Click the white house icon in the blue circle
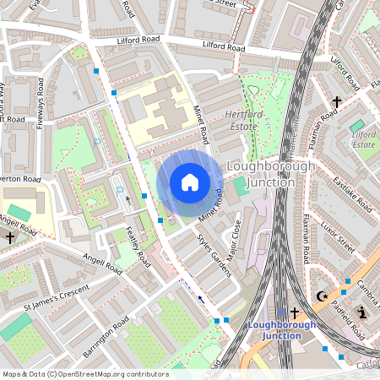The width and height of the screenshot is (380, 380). coord(190,182)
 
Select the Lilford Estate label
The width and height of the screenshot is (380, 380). coord(363,138)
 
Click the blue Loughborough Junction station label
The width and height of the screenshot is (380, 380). coord(282,330)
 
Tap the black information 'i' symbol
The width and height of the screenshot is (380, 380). coord(362,313)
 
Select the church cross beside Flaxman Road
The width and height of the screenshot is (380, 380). coord(336,101)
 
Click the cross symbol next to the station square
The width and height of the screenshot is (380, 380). coord(295,313)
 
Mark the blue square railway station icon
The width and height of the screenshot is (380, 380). coord(282,313)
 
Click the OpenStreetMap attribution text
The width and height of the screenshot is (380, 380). coord(84,374)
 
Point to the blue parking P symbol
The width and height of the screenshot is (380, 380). coord(119,189)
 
